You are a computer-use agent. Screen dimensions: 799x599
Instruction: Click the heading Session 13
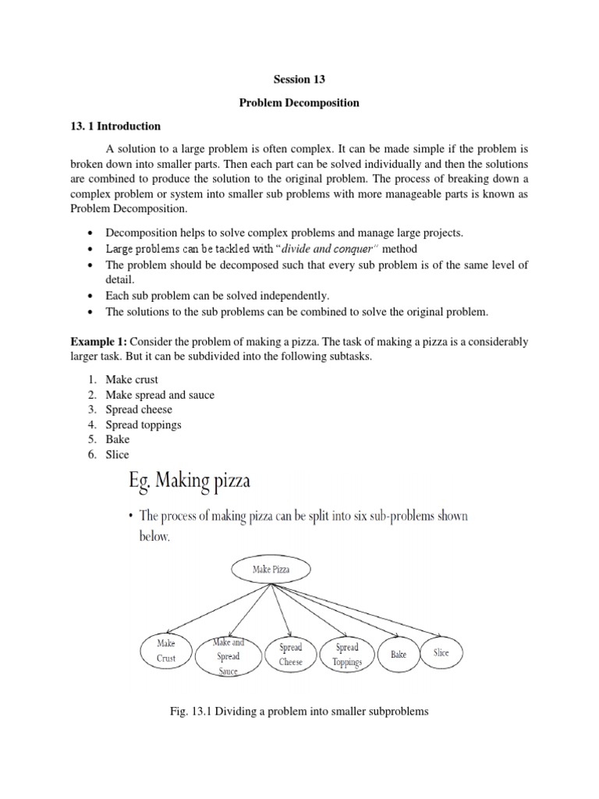pos(299,80)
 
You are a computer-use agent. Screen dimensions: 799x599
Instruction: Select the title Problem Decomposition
pos(299,103)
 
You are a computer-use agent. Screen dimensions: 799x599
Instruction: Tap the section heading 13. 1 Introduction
pos(115,126)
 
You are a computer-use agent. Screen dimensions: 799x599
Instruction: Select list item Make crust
pos(132,379)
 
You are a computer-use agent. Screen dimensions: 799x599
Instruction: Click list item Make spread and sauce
pos(160,395)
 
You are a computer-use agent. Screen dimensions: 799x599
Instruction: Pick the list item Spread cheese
pos(139,410)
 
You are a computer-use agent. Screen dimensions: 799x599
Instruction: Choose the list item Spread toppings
pos(144,424)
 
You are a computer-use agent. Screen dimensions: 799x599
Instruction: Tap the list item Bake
pos(118,439)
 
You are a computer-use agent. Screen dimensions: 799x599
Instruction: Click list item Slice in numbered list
pos(118,454)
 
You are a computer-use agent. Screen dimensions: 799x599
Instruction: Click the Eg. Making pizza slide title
pos(190,481)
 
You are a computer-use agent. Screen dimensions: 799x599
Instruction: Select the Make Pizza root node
pos(271,570)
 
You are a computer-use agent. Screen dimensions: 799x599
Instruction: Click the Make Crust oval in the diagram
pos(166,652)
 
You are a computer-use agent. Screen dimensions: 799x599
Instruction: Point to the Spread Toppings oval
pos(346,655)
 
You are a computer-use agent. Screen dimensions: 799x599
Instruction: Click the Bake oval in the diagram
pos(398,655)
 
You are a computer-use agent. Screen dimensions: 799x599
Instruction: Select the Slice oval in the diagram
pos(441,652)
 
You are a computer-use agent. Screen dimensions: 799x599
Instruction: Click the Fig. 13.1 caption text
pos(299,712)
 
